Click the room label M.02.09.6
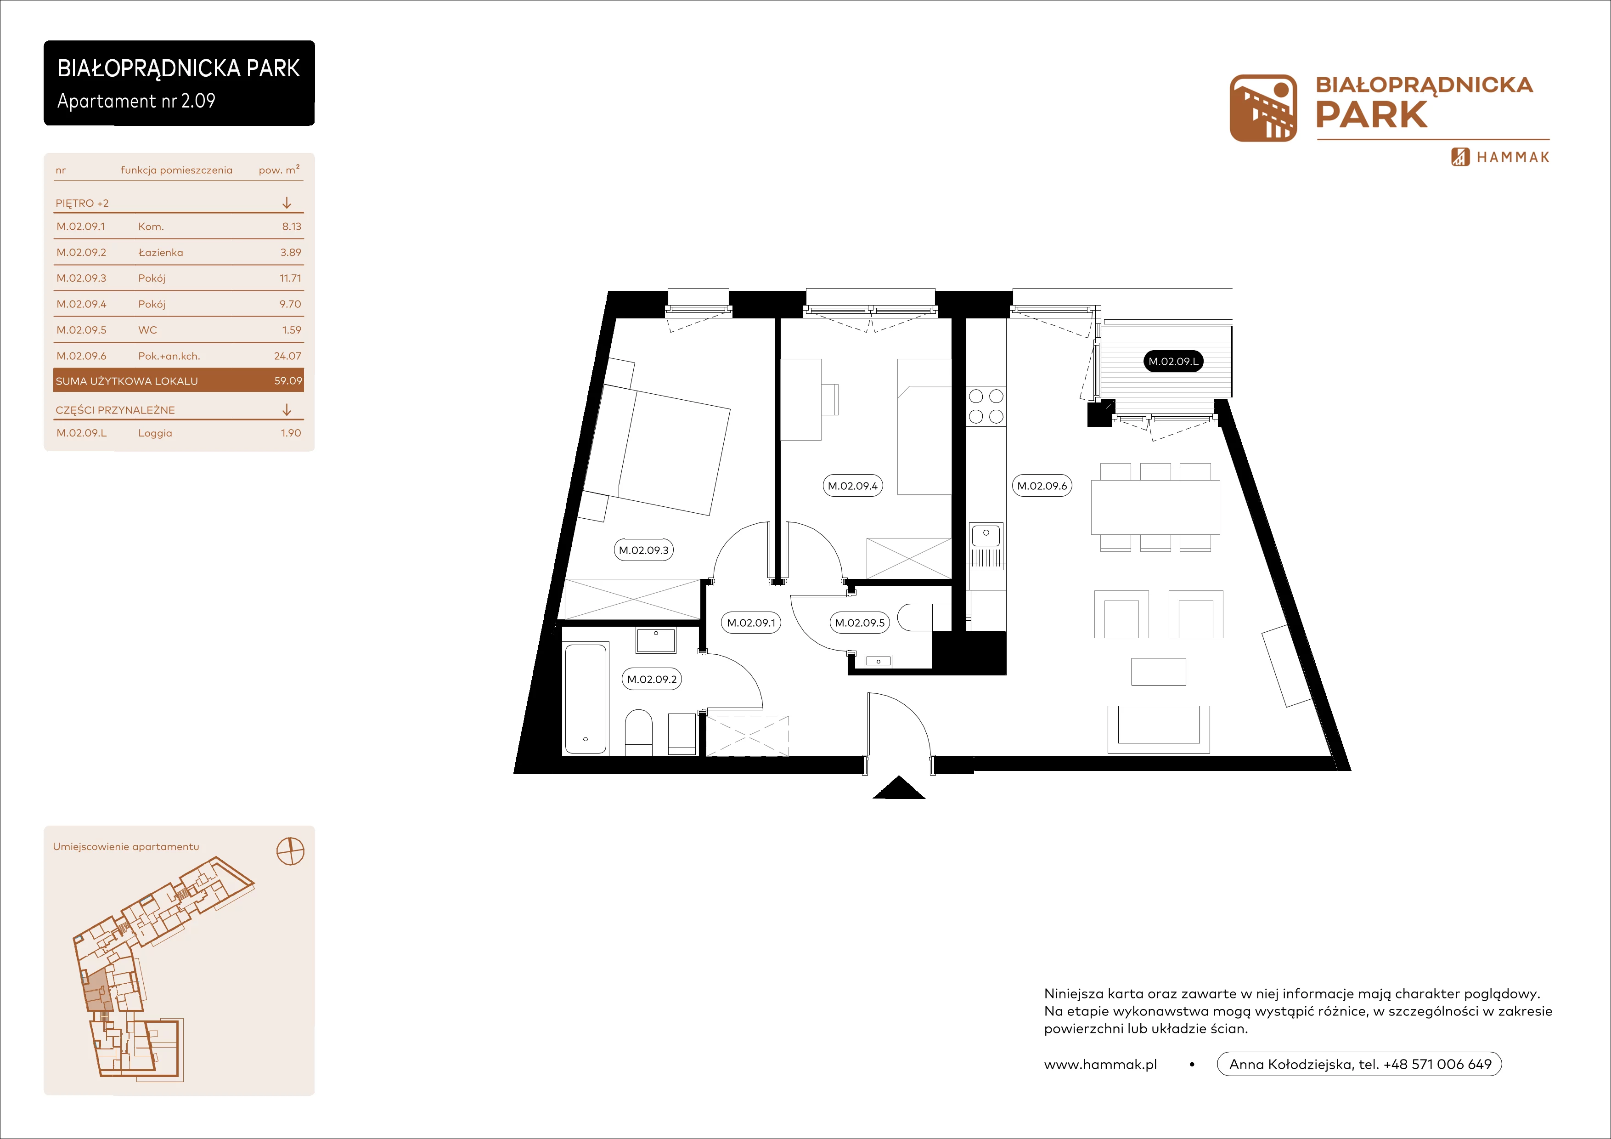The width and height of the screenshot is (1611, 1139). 1042,486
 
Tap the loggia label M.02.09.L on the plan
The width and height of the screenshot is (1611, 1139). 1173,362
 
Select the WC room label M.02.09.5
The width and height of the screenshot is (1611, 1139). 860,623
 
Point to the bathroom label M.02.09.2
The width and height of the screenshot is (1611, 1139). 652,680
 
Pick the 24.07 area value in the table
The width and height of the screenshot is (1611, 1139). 287,356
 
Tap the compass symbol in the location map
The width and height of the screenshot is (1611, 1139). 291,851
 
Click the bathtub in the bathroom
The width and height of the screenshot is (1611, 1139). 586,699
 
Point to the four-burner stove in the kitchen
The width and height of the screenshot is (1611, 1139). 986,406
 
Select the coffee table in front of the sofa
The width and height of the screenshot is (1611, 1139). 1159,672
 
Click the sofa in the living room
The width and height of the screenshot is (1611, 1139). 1159,729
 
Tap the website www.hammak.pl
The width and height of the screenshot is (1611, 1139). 1100,1065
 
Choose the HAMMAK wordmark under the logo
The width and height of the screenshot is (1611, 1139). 1513,157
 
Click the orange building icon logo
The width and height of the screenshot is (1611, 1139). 1263,108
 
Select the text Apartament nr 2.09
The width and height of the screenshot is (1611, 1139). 136,101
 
